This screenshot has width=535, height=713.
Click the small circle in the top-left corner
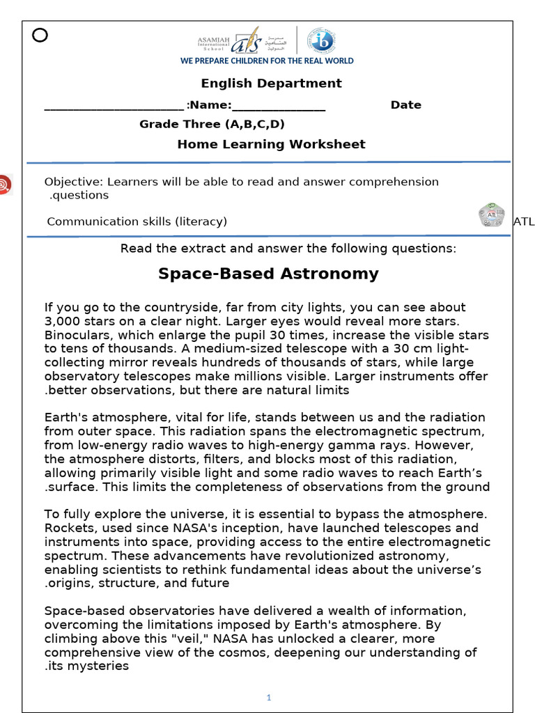(x=40, y=36)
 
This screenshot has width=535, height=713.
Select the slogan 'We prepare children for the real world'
(x=267, y=61)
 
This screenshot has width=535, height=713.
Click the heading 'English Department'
(x=271, y=84)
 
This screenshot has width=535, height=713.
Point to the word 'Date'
(x=405, y=105)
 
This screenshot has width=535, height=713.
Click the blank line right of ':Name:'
(x=279, y=107)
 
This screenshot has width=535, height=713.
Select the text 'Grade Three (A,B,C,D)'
(x=212, y=125)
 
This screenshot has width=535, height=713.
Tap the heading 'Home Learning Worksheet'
(x=271, y=145)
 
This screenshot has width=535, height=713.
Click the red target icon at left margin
(x=4, y=185)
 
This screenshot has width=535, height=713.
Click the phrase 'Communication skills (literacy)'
(x=137, y=221)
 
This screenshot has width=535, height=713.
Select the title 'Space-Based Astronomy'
(x=268, y=274)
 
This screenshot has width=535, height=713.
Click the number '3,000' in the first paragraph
(x=62, y=321)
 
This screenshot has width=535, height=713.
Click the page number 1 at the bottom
(x=268, y=698)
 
